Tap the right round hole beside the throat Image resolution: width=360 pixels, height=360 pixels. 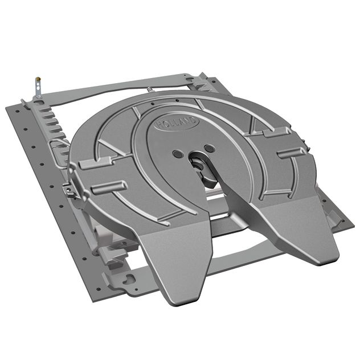tap(210, 148)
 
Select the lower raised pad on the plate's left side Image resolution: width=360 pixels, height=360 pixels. tap(108, 187)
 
